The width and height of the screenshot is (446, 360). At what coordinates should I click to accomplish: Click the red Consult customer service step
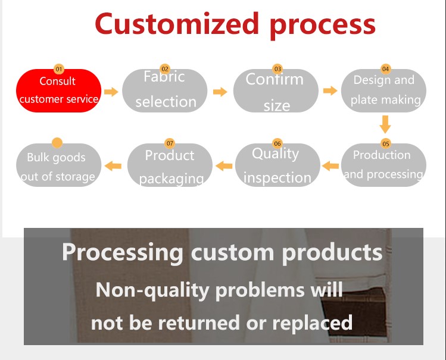click(x=58, y=90)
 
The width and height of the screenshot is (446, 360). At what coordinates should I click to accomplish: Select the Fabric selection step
click(x=165, y=90)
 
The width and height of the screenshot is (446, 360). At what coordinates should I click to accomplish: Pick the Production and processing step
click(x=384, y=165)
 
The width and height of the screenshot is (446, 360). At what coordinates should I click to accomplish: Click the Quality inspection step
click(x=277, y=165)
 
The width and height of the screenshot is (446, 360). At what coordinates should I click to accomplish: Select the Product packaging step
click(x=170, y=165)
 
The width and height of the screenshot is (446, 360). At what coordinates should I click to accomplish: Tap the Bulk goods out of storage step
click(x=57, y=166)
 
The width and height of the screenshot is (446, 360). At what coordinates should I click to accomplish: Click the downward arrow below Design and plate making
click(x=385, y=124)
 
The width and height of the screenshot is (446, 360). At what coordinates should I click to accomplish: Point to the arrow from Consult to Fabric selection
click(x=111, y=92)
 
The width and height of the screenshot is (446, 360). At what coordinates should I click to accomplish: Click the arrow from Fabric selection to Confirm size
click(x=220, y=92)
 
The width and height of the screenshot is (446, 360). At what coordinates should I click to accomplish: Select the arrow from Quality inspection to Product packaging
click(x=224, y=165)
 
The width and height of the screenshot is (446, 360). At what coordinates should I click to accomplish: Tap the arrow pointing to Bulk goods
click(x=113, y=165)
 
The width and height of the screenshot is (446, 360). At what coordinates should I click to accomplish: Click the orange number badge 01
click(x=58, y=70)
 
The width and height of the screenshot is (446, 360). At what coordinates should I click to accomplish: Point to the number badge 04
click(x=385, y=69)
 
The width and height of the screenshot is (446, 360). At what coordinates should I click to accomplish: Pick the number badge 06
click(x=277, y=143)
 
